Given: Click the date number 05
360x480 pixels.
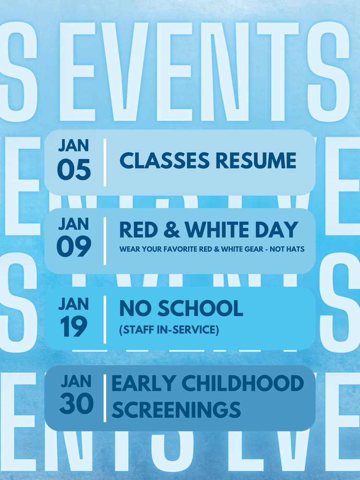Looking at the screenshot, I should [x=74, y=170].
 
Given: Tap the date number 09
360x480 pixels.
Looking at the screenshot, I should [x=74, y=247].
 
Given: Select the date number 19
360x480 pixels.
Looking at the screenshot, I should [x=73, y=327].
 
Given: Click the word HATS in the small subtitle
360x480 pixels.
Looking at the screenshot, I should [x=294, y=250].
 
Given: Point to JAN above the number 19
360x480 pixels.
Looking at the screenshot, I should [x=73, y=303].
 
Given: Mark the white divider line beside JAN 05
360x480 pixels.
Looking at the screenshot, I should [x=105, y=162].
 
